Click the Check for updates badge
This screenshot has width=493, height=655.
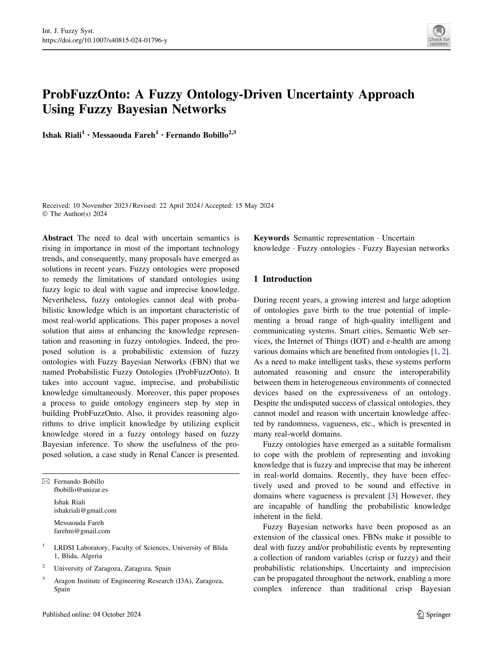pyautogui.click(x=439, y=35)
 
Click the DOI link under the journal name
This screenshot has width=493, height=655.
pyautogui.click(x=105, y=40)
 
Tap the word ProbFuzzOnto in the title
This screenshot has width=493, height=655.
pyautogui.click(x=86, y=94)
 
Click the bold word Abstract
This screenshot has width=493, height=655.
pyautogui.click(x=57, y=238)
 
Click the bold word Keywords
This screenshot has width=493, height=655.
pyautogui.click(x=271, y=238)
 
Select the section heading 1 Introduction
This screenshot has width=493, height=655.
pyautogui.click(x=283, y=279)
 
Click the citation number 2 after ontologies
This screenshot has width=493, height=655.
pyautogui.click(x=444, y=351)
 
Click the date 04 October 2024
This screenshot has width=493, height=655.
pyautogui.click(x=117, y=614)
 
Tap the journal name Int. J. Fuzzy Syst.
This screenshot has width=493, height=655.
pyautogui.click(x=68, y=31)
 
